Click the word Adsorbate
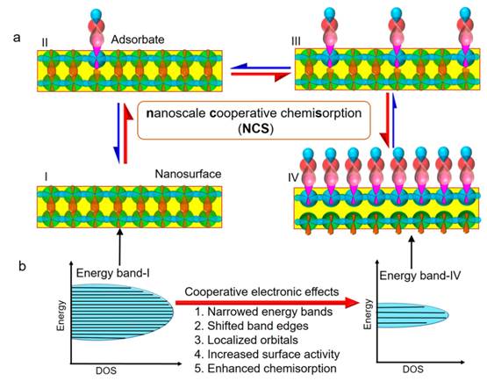(x=138, y=40)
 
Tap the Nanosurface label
(x=188, y=174)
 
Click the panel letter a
(x=17, y=39)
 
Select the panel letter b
(x=22, y=267)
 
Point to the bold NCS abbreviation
(x=255, y=128)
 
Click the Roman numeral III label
(x=296, y=41)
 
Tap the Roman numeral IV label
(x=293, y=177)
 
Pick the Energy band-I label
(x=113, y=274)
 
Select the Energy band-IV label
(x=420, y=276)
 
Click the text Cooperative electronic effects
(x=261, y=292)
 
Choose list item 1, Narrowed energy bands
(x=264, y=312)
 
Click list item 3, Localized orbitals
(x=247, y=340)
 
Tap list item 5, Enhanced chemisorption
(x=266, y=369)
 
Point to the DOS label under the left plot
(x=106, y=370)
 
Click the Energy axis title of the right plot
(x=368, y=314)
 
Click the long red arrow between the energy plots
(x=267, y=303)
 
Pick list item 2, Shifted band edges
(x=252, y=326)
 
